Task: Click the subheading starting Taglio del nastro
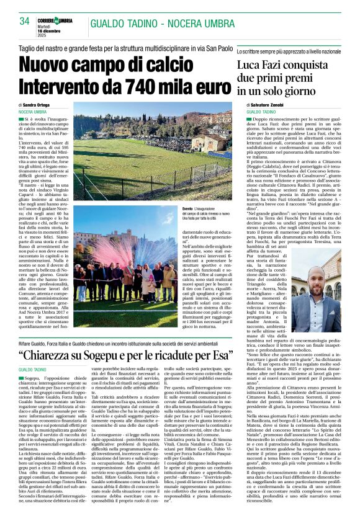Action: click(x=124, y=47)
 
